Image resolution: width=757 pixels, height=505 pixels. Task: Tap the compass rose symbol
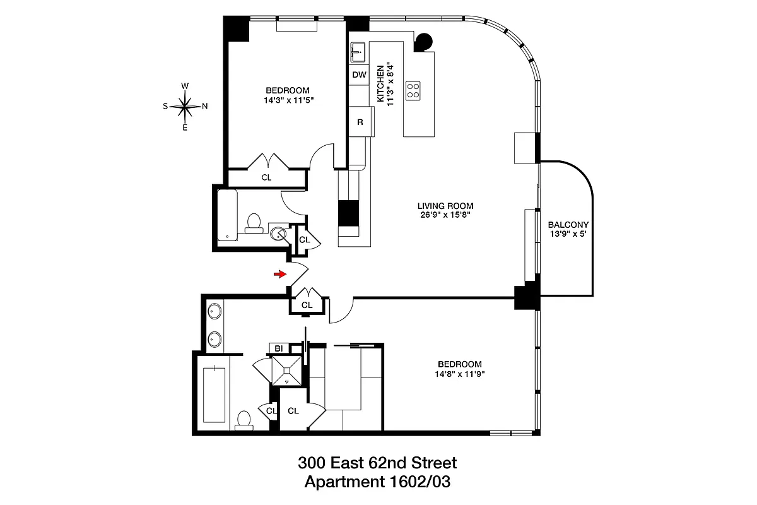(x=185, y=106)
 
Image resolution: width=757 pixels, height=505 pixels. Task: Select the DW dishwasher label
(x=359, y=75)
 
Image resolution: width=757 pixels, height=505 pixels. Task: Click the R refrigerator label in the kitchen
(x=360, y=122)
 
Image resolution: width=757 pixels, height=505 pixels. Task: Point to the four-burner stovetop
(x=414, y=90)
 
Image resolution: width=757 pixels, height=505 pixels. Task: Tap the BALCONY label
(x=568, y=225)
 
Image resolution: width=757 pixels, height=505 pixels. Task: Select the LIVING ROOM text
(x=445, y=206)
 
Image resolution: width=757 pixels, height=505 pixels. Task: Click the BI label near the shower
(x=278, y=348)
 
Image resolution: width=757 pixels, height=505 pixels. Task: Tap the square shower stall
(x=288, y=370)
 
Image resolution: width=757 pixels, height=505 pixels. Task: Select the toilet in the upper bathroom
(x=254, y=223)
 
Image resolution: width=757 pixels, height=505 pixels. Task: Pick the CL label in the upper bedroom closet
(x=266, y=177)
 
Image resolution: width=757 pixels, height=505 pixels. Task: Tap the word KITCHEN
(x=380, y=83)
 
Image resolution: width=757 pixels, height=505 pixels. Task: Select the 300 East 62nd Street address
(x=377, y=463)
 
